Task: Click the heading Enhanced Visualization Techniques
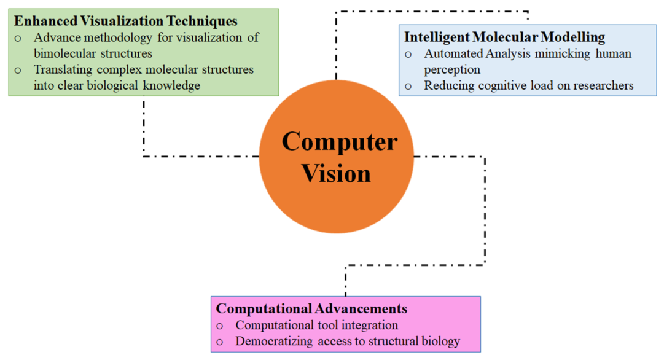click(x=126, y=21)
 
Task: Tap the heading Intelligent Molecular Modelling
click(x=504, y=37)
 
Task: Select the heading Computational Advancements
click(x=311, y=309)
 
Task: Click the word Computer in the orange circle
click(x=340, y=142)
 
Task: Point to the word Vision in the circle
click(x=336, y=174)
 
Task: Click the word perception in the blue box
click(x=452, y=70)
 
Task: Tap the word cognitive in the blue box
click(x=503, y=86)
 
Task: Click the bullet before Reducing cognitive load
click(x=408, y=87)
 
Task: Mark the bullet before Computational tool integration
click(x=219, y=326)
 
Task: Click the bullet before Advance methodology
click(x=18, y=39)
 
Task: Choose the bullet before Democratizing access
click(x=219, y=342)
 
